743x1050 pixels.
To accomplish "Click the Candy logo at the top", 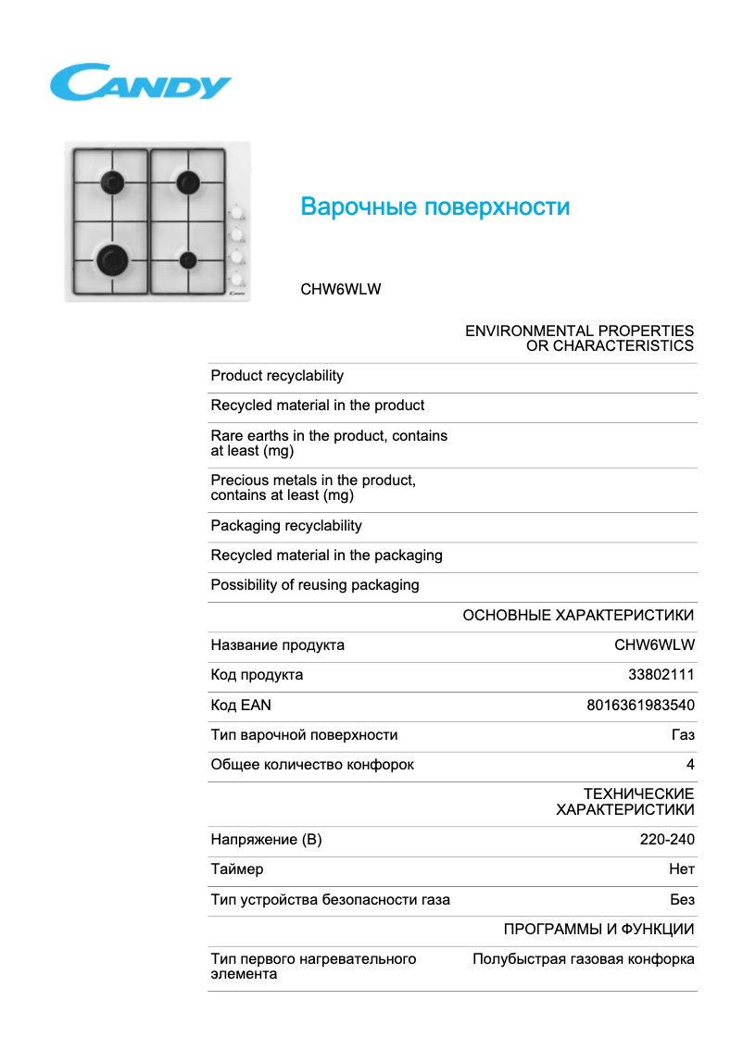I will click(x=140, y=82).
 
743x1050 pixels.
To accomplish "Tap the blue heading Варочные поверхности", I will click(x=434, y=206).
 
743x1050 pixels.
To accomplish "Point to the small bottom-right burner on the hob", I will click(x=189, y=259).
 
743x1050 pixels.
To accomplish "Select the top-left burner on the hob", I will click(x=113, y=181).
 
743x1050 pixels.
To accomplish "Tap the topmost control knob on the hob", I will click(x=237, y=212).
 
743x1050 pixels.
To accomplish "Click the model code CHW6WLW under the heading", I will click(x=340, y=289).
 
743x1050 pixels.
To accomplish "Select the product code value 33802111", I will click(x=661, y=675).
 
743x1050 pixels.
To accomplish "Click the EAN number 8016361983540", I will click(x=640, y=705).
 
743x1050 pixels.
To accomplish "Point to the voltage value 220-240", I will click(x=667, y=840).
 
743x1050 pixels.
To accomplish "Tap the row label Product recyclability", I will click(x=277, y=376).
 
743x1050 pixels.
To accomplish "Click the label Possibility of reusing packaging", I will click(x=315, y=585).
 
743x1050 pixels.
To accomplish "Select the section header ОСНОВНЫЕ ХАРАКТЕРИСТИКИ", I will click(x=578, y=616).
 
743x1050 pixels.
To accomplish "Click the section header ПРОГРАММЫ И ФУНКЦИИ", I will click(x=598, y=929).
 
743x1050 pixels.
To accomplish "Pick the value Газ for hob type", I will click(x=683, y=735).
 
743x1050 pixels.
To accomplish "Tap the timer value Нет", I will click(x=682, y=869).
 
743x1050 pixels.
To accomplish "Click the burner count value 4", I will click(x=690, y=765).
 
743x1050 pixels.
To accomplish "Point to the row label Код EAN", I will click(x=241, y=705).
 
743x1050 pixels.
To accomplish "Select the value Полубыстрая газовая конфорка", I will click(x=584, y=959).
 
